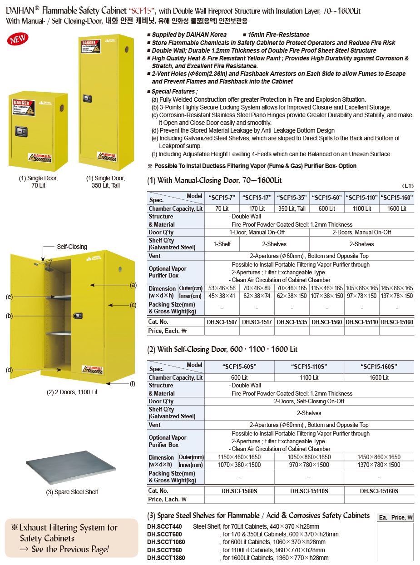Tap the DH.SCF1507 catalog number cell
click(222, 322)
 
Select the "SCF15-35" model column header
click(292, 198)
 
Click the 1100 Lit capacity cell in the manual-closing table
click(361, 208)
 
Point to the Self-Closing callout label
click(72, 247)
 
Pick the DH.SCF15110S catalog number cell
click(309, 491)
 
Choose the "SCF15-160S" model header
click(379, 367)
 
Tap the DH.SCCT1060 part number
click(166, 542)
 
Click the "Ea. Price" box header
click(395, 517)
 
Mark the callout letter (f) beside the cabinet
click(133, 383)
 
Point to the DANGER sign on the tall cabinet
click(90, 47)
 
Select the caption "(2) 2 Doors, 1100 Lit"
click(72, 392)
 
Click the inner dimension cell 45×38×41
click(222, 296)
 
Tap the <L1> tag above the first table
click(408, 186)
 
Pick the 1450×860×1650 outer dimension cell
click(379, 457)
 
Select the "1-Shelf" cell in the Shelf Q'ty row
click(222, 244)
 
